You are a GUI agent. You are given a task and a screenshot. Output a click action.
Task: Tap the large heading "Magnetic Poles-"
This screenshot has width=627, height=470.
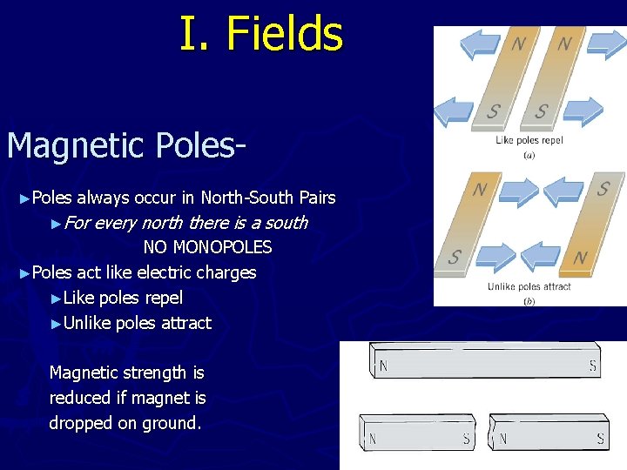pyautogui.click(x=125, y=145)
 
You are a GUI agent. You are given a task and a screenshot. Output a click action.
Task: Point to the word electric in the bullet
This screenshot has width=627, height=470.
pyautogui.click(x=162, y=272)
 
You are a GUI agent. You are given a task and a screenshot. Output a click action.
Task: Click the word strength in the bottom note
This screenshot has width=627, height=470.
pyautogui.click(x=153, y=373)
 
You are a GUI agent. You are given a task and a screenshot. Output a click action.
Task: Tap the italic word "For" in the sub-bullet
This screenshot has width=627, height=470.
pyautogui.click(x=78, y=223)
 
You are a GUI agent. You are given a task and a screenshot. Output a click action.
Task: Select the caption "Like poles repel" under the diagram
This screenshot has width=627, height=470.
pyautogui.click(x=529, y=140)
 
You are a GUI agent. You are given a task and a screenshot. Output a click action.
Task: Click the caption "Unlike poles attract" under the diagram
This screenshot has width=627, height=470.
pyautogui.click(x=529, y=286)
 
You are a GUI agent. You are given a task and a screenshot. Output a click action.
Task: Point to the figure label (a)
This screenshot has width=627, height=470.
pyautogui.click(x=529, y=155)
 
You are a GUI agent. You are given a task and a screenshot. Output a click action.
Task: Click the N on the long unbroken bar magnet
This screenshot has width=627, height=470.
pyautogui.click(x=383, y=366)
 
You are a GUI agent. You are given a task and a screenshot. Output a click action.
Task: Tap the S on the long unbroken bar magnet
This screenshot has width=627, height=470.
pyautogui.click(x=593, y=366)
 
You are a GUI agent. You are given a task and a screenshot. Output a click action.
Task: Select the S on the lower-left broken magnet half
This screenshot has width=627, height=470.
pyautogui.click(x=467, y=439)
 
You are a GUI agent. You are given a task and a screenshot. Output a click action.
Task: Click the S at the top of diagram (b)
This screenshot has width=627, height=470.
pyautogui.click(x=603, y=188)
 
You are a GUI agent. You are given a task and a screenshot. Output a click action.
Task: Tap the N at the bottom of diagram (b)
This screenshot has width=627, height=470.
pyautogui.click(x=580, y=258)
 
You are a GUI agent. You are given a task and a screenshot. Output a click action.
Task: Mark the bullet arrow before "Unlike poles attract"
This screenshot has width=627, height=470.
pyautogui.click(x=57, y=324)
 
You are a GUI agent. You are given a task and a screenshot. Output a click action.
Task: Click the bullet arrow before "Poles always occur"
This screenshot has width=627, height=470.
pyautogui.click(x=24, y=198)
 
